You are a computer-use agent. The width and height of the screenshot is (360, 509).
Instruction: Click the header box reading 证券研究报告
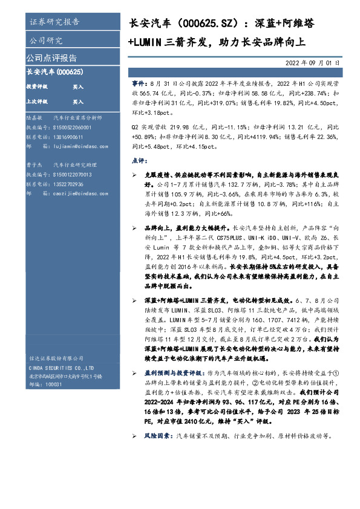pyautogui.click(x=54, y=22)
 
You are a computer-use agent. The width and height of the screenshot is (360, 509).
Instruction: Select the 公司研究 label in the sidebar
pyautogui.click(x=45, y=41)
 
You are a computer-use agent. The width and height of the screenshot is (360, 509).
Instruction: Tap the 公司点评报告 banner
pyautogui.click(x=51, y=59)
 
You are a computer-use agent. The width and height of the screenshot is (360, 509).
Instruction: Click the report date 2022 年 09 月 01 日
pyautogui.click(x=312, y=62)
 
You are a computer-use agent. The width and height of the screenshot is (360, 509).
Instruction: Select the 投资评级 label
pyautogui.click(x=37, y=87)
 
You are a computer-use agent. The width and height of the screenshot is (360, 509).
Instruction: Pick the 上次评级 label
pyautogui.click(x=37, y=102)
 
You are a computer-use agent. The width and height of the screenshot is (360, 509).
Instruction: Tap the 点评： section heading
pyautogui.click(x=139, y=161)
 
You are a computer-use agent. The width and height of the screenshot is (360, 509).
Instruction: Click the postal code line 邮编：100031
pyautogui.click(x=45, y=384)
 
